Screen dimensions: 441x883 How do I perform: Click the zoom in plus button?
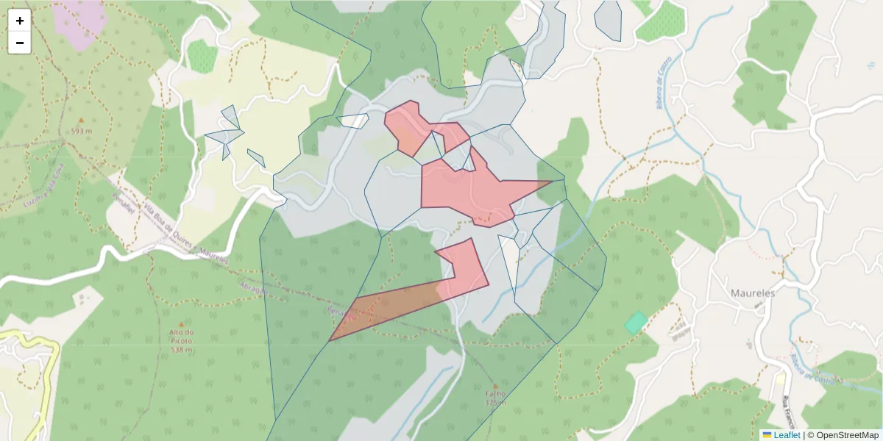click(20, 21)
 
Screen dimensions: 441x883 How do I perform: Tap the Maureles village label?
click(753, 293)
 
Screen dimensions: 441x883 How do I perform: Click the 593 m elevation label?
click(82, 132)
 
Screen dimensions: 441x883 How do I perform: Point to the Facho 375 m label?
click(495, 398)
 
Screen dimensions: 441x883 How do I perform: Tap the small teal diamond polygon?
click(636, 322)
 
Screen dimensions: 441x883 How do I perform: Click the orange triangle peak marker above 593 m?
click(82, 120)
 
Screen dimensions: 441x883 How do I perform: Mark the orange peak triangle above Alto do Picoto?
click(181, 321)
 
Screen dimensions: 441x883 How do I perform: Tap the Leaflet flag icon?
click(767, 435)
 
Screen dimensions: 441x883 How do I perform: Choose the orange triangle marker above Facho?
click(495, 385)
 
